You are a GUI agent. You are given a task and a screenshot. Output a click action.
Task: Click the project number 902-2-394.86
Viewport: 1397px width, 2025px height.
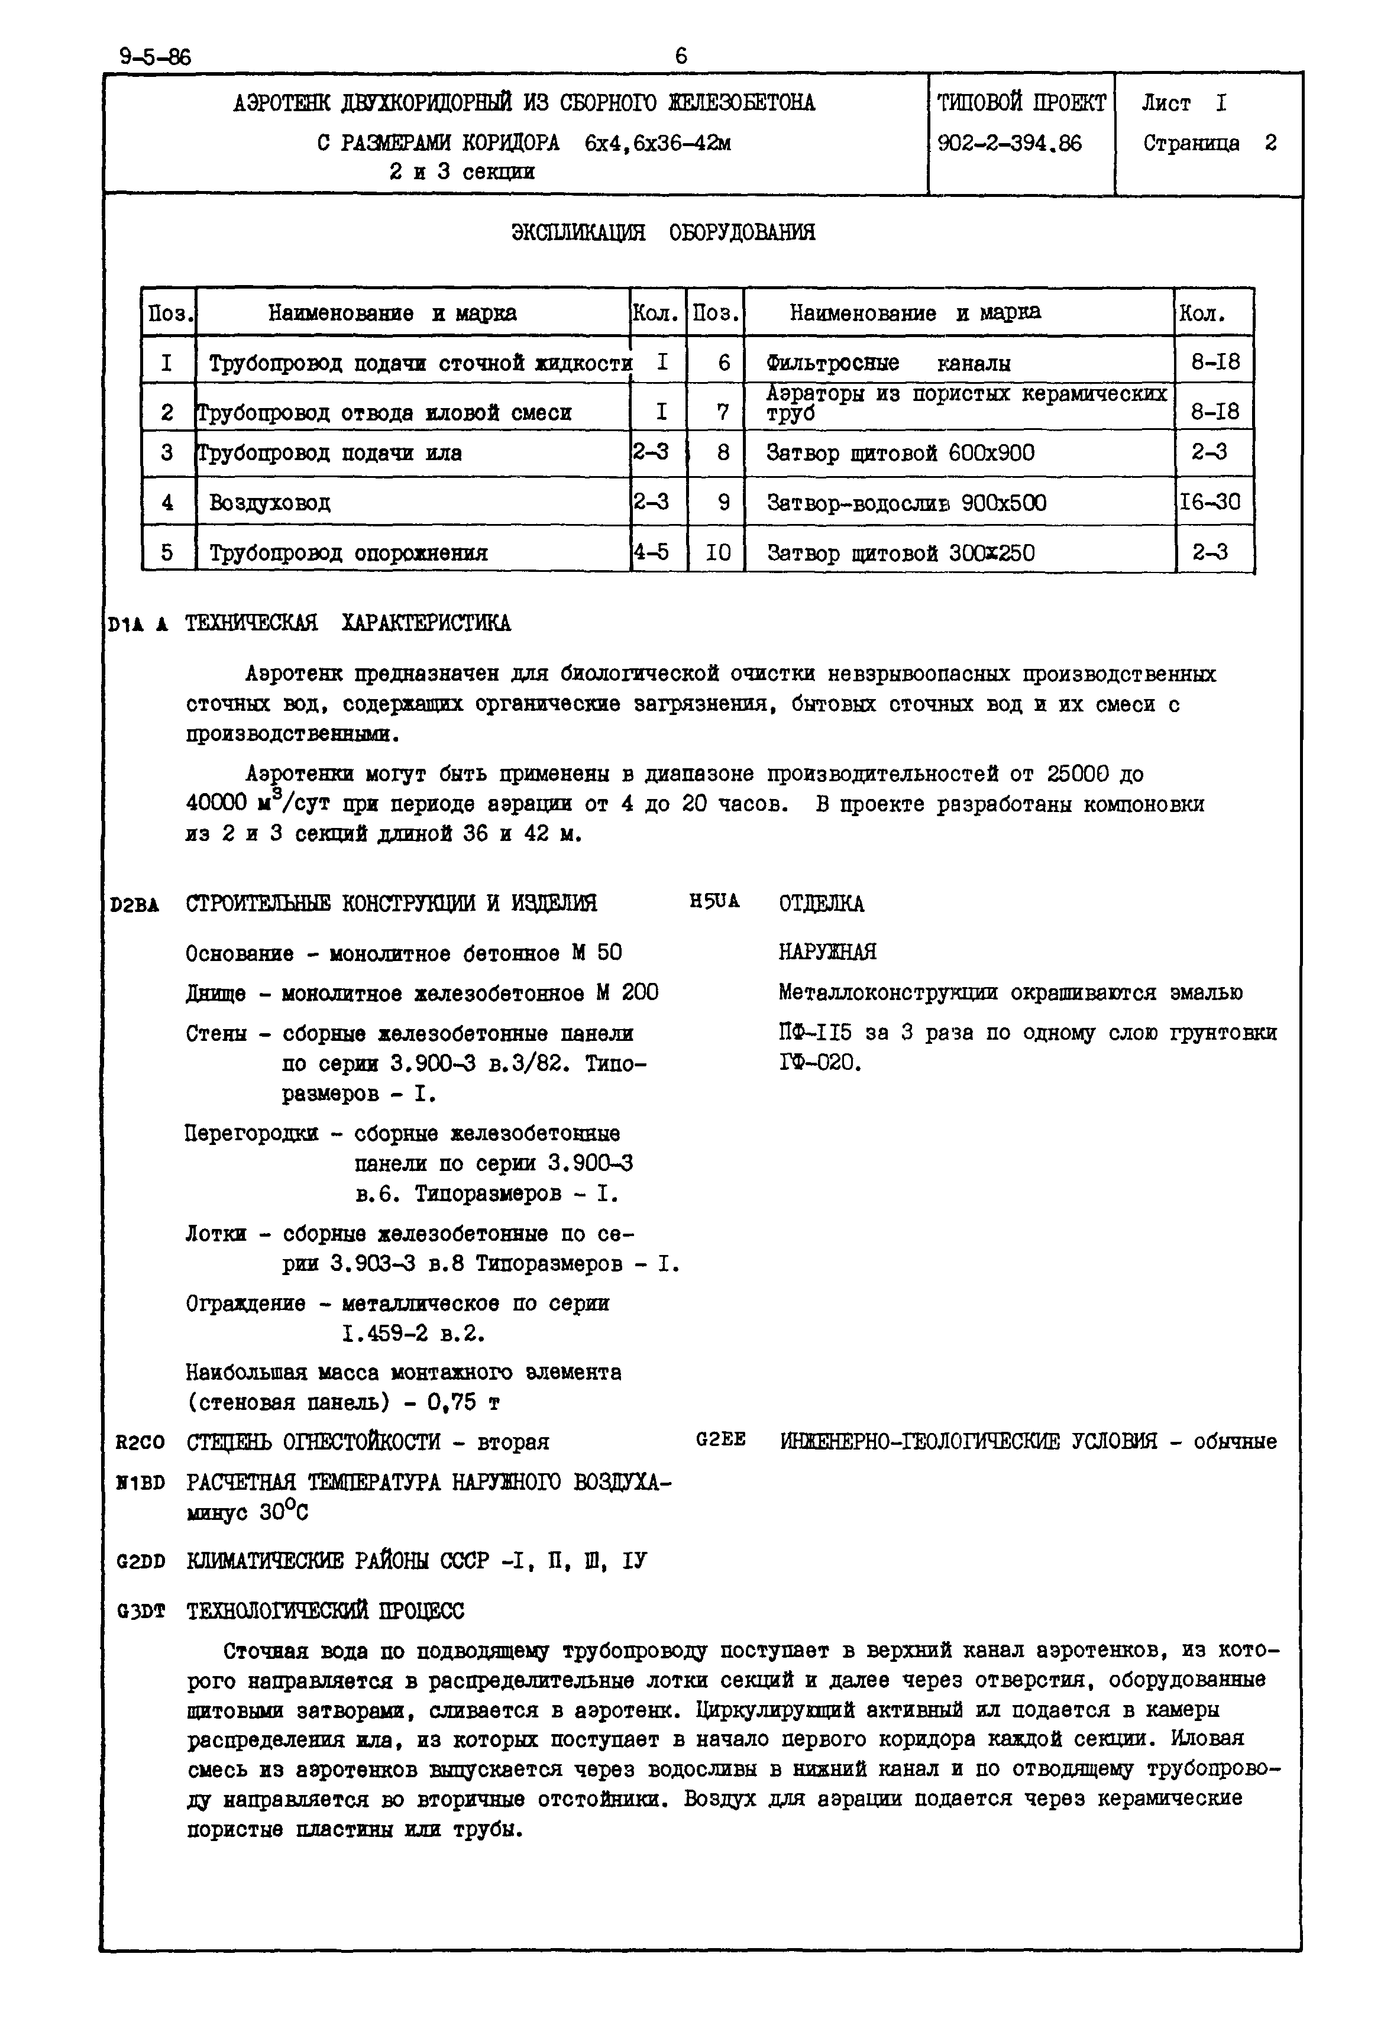pos(1009,144)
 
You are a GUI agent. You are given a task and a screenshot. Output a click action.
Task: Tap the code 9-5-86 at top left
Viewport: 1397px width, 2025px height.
pos(155,58)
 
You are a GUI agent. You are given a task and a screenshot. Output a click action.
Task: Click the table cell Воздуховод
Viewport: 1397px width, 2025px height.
pos(270,503)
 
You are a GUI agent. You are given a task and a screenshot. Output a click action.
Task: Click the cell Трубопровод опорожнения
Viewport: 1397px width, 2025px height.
pos(348,553)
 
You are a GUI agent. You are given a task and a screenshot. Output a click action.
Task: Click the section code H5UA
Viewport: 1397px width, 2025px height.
pos(714,901)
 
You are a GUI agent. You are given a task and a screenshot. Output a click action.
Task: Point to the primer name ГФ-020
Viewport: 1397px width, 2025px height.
pos(819,1063)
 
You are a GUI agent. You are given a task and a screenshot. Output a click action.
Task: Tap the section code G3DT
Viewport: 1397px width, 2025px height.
pos(141,1611)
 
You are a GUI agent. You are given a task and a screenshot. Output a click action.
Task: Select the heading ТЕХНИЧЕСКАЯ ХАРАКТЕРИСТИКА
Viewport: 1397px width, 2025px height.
pos(348,623)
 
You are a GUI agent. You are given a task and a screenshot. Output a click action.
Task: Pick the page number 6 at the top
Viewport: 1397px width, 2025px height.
pos(681,56)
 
